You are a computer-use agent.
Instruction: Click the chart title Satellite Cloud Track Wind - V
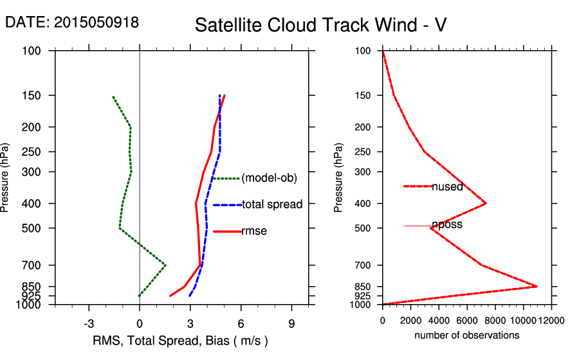click(320, 25)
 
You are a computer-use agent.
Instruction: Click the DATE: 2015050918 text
click(72, 22)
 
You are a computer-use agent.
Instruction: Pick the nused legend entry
click(447, 186)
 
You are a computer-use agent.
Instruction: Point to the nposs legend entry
click(447, 225)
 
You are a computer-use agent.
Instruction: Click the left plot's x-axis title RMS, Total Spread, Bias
click(180, 340)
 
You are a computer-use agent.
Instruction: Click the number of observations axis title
click(466, 336)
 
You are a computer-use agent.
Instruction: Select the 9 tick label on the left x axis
click(291, 323)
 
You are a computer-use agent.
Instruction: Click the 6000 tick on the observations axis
click(466, 319)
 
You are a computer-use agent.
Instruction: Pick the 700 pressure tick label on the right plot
click(363, 265)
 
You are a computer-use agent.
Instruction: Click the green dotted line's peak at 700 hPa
click(166, 265)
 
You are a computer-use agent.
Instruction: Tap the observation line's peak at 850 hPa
click(537, 286)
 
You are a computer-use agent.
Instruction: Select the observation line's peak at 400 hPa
click(486, 203)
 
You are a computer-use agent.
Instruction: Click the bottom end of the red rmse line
click(170, 296)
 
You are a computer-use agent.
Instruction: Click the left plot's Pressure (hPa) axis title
click(6, 177)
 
